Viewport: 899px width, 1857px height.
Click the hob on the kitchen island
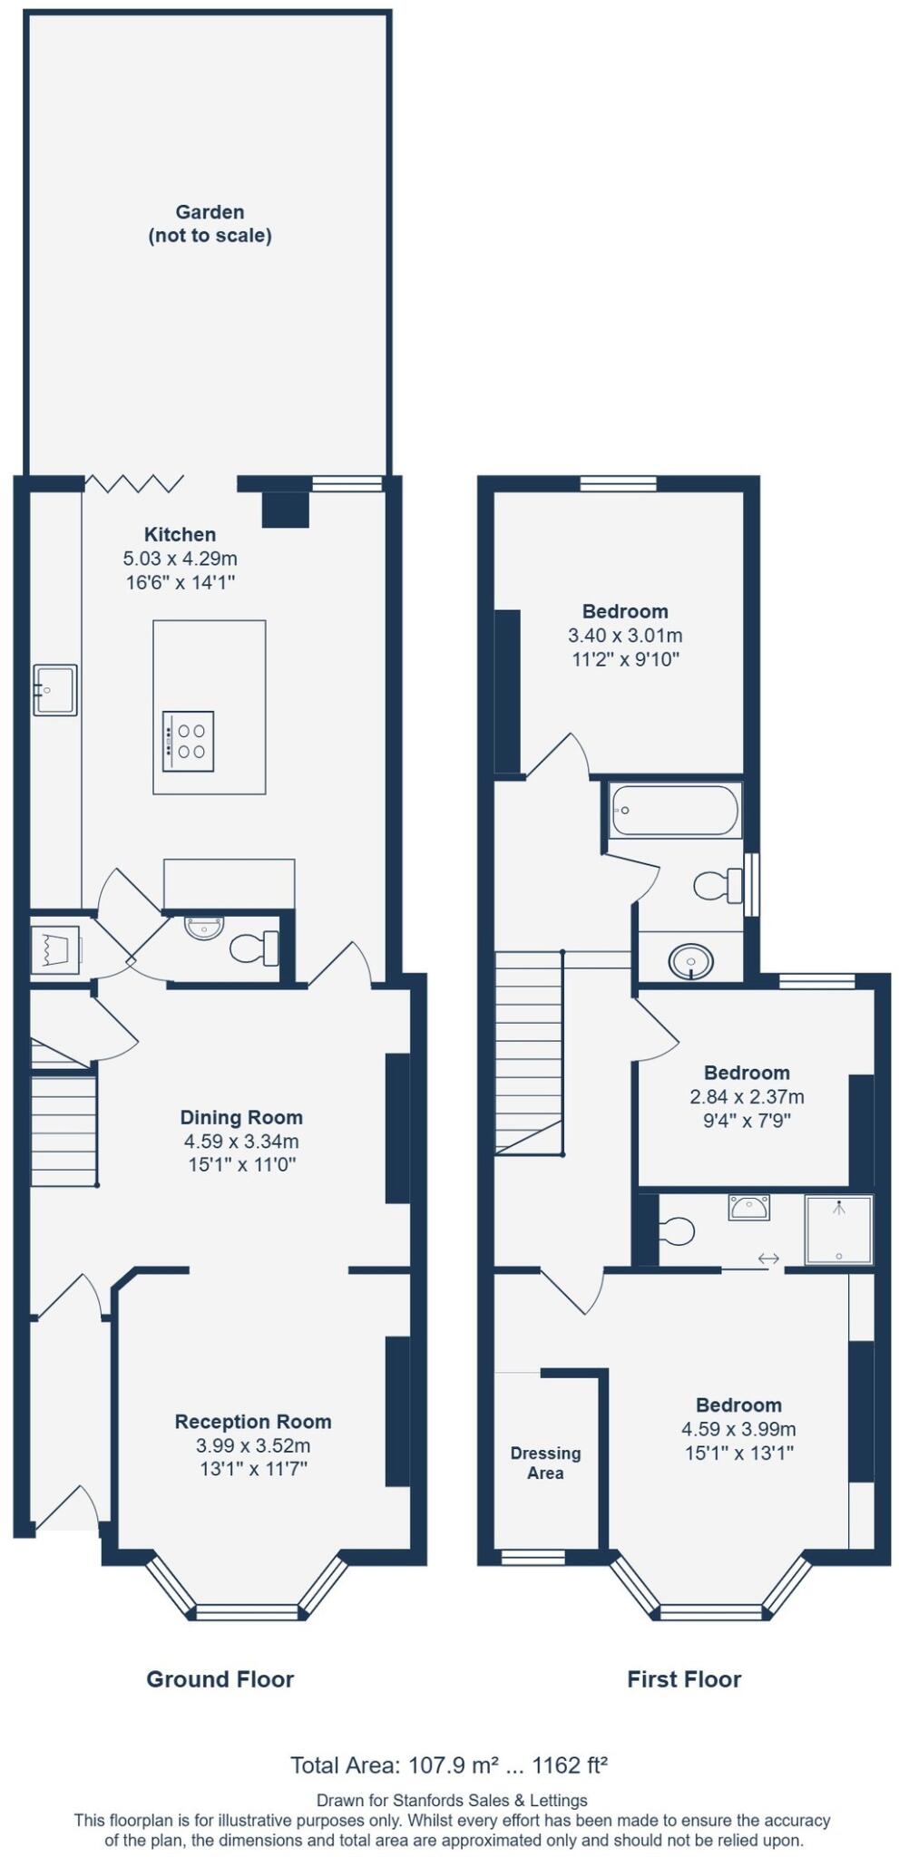pos(188,740)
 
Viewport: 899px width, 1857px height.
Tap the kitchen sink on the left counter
pos(54,688)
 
